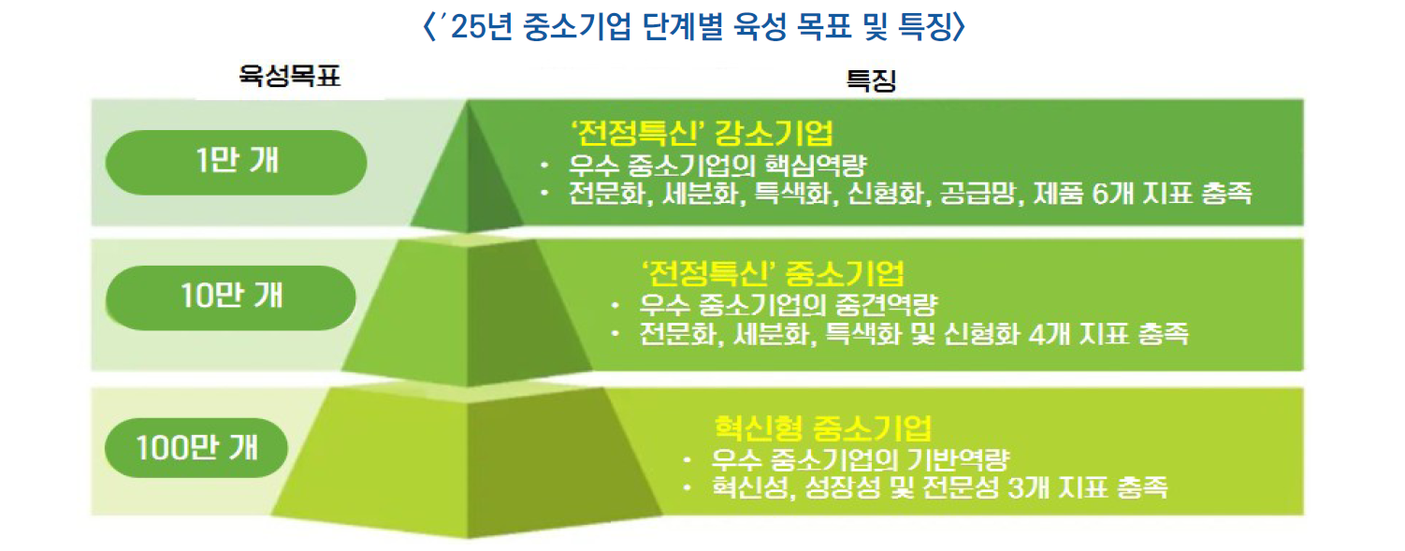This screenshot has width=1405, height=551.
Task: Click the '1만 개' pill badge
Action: (x=236, y=162)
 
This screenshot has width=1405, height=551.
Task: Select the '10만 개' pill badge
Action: (x=231, y=297)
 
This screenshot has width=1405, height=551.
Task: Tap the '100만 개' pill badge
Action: (x=196, y=447)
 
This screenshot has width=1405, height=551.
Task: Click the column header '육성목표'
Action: (x=289, y=77)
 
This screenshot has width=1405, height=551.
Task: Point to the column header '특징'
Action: (x=871, y=80)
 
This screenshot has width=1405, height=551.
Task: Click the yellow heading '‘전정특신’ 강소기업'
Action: (x=702, y=133)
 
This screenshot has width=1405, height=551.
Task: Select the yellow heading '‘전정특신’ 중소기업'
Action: (x=772, y=273)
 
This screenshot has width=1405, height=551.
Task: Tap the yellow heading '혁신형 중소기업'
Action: (x=823, y=428)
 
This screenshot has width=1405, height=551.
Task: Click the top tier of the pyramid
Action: (x=468, y=182)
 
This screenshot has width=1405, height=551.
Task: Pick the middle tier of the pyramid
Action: (x=468, y=312)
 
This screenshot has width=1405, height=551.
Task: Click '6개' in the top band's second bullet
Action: (x=1112, y=194)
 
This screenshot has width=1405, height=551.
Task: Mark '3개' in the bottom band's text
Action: (x=1028, y=487)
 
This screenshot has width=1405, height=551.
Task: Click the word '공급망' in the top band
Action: (x=978, y=194)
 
